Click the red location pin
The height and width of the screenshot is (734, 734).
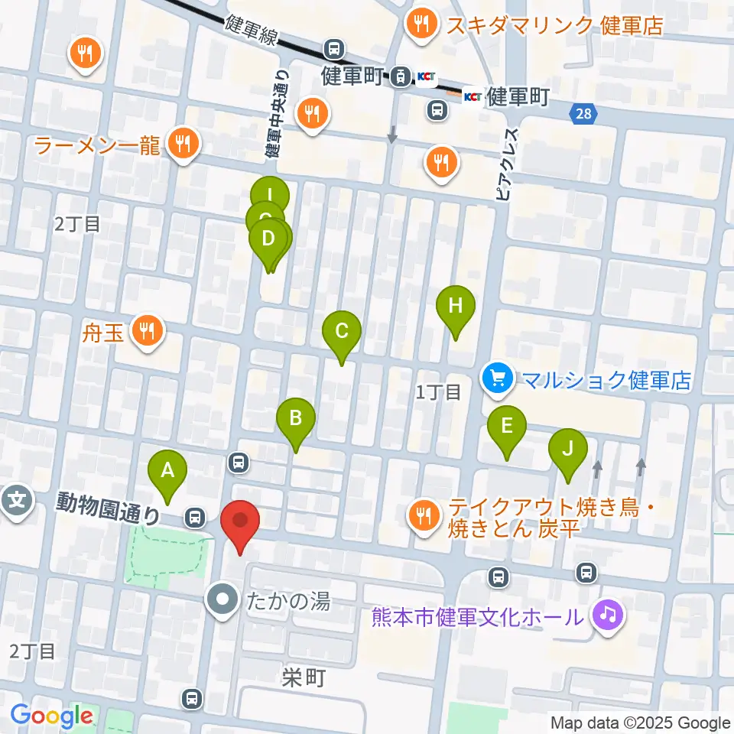coord(240,524)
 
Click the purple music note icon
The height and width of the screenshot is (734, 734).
coord(609,615)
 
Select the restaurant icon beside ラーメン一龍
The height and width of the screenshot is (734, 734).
coord(183,142)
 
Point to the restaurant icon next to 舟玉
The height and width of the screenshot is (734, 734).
coord(145,331)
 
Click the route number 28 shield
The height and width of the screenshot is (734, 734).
coord(583,114)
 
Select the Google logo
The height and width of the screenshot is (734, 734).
coord(52,716)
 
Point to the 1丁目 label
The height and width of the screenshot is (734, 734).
coord(438,393)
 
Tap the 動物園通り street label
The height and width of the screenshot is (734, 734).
coord(108,509)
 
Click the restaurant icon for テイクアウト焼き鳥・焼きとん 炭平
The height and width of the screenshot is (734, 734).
coord(422,516)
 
